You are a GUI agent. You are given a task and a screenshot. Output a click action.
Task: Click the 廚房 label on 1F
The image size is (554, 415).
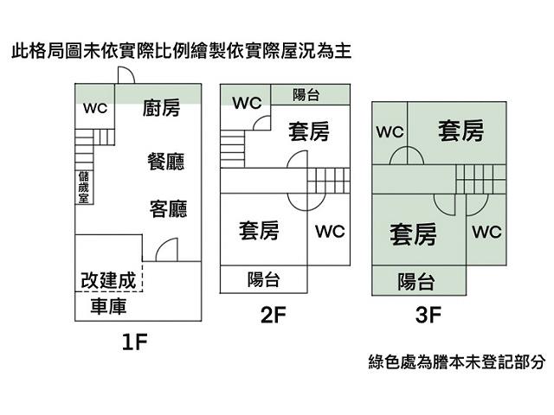pos(161,109)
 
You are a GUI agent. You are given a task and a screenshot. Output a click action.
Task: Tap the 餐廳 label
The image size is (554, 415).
pos(166,161)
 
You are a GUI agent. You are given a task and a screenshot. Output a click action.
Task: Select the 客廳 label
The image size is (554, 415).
pos(168,209)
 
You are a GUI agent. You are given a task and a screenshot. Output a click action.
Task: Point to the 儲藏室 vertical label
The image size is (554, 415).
pos(81,186)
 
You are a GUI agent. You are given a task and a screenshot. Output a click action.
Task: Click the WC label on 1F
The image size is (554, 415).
pos(94,109)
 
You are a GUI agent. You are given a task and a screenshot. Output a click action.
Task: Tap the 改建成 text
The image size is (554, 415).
pos(108,280)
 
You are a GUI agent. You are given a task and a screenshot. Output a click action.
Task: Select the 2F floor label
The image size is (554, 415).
pos(273,316)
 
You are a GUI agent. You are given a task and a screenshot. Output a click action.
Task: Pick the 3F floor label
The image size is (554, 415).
pos(428,316)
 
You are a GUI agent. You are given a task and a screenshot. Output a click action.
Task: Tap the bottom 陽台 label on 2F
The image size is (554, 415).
pos(263,279)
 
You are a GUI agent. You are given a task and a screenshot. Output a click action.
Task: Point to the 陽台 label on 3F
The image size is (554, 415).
pos(416,281)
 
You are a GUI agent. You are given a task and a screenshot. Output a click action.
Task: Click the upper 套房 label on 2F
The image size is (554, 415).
pos(309,131)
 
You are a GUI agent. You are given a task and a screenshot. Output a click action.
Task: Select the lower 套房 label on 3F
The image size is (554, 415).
pos(413,233)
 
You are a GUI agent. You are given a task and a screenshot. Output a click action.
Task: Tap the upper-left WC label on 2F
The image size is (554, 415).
pos(247,103)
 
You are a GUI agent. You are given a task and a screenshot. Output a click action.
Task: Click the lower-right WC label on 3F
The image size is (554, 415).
pos(486,232)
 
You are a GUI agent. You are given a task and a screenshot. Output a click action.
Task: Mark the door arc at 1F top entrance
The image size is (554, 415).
pos(124,75)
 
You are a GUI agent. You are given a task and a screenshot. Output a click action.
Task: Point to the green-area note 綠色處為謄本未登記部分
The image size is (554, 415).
pos(456,362)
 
